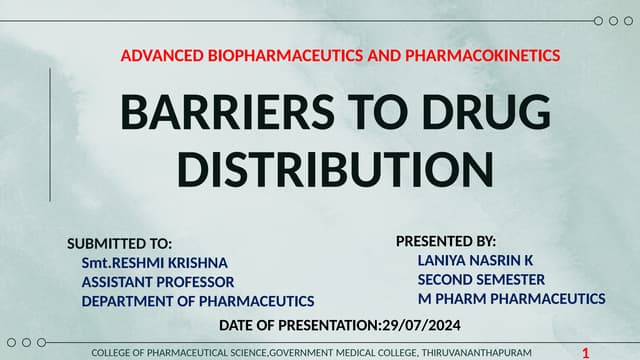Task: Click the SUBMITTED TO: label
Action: pyautogui.click(x=119, y=243)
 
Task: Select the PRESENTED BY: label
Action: pyautogui.click(x=445, y=241)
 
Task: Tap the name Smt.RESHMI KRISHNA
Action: pyautogui.click(x=154, y=262)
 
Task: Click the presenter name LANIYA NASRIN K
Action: pyautogui.click(x=475, y=260)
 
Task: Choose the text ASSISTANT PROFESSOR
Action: pyautogui.click(x=158, y=282)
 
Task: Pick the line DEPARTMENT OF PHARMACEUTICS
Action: pyautogui.click(x=198, y=301)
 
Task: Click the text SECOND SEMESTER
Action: pyautogui.click(x=481, y=279)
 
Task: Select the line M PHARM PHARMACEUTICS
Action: pyautogui.click(x=511, y=298)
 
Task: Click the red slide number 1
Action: pyautogui.click(x=585, y=353)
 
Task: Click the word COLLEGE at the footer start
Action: pyautogui.click(x=113, y=353)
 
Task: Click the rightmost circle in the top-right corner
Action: pyautogui.click(x=629, y=21)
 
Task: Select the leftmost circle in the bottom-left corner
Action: pyautogui.click(x=11, y=342)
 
